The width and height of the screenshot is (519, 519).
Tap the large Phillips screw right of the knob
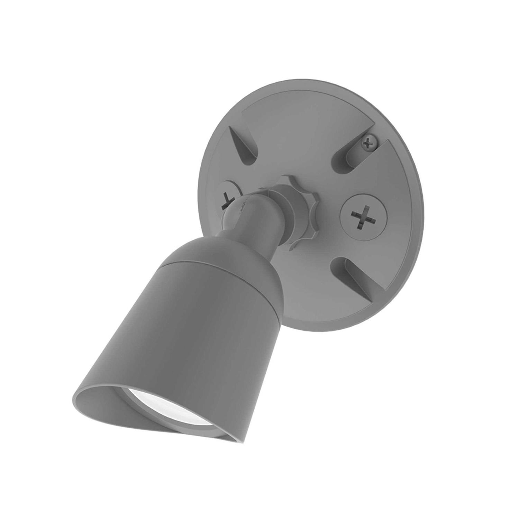click(361, 215)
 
